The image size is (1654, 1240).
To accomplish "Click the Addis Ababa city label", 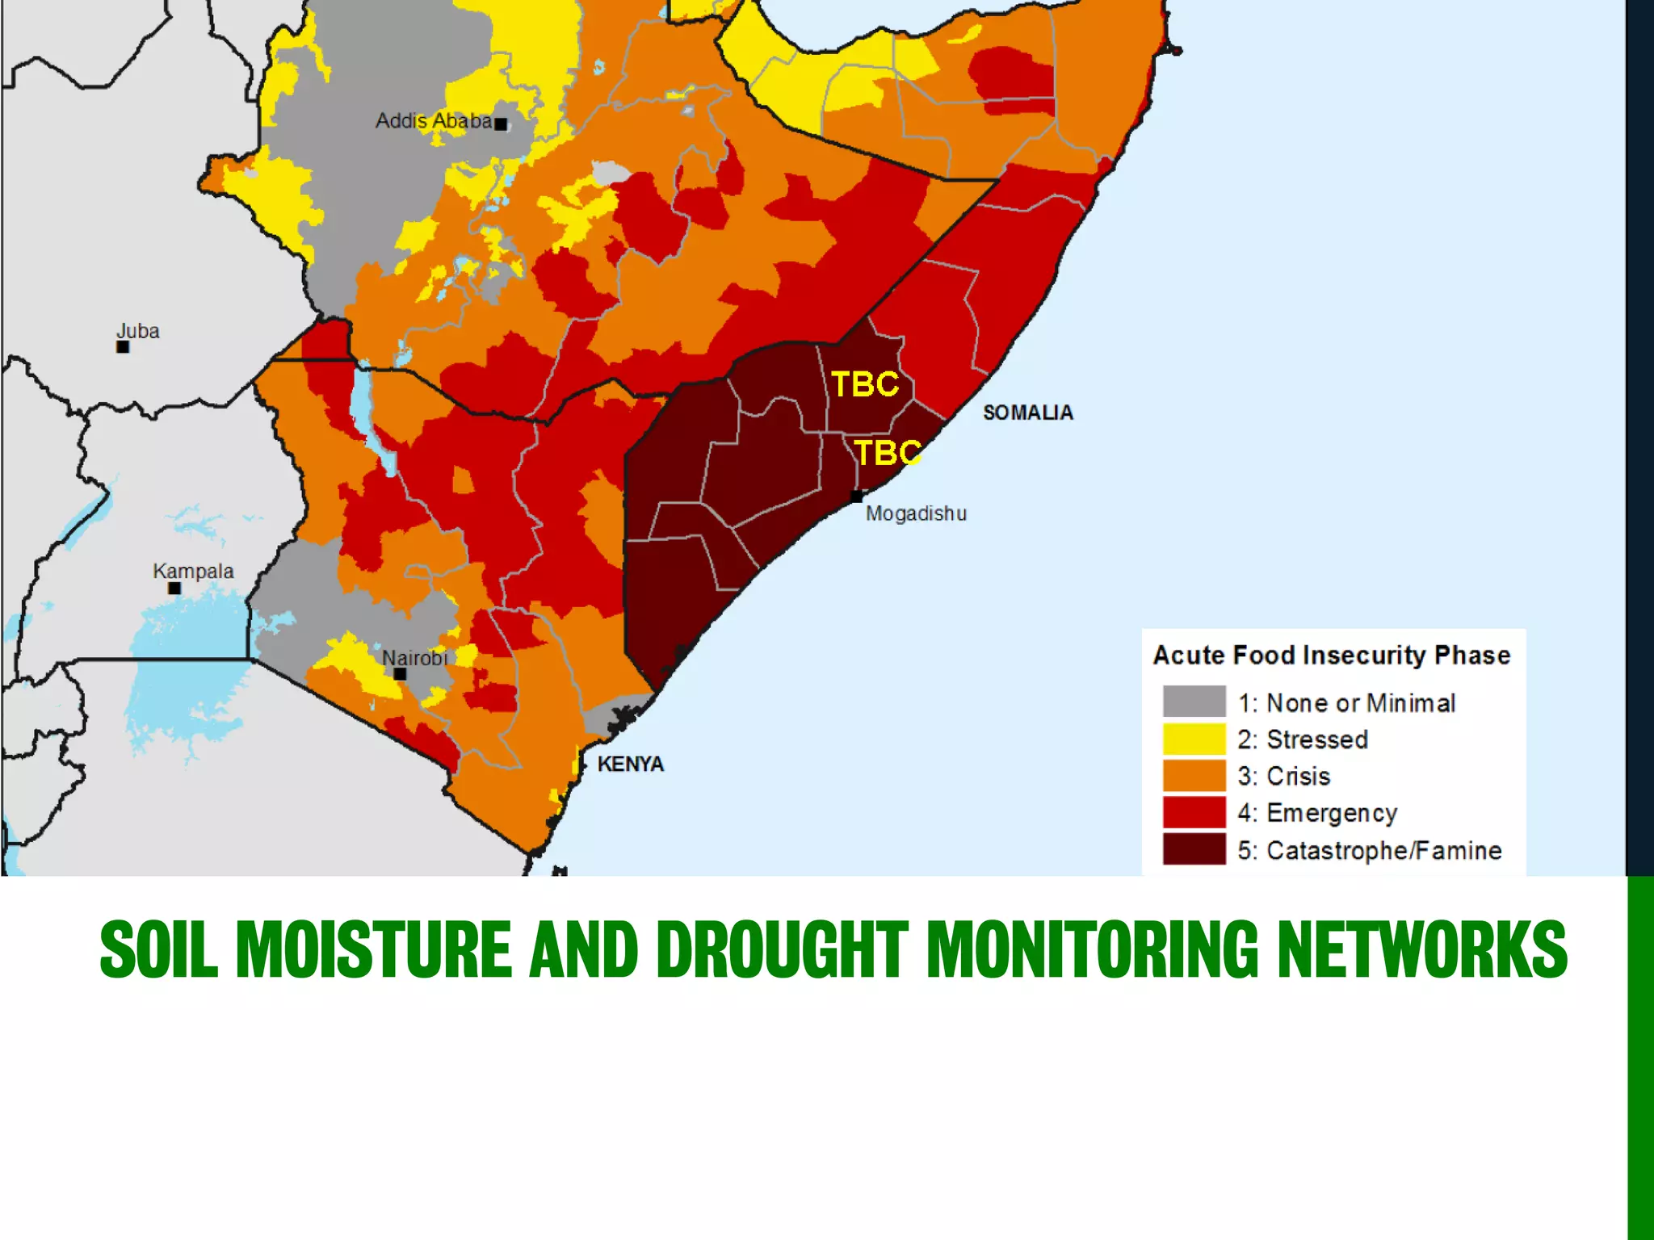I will tap(434, 121).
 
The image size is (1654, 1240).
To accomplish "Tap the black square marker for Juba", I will tap(123, 347).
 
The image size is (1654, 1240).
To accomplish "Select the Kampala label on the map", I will tap(193, 571).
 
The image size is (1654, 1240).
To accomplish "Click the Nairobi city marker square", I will tap(400, 673).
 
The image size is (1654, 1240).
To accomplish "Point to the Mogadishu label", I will tap(916, 513).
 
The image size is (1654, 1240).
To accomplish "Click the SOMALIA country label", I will tap(1027, 413).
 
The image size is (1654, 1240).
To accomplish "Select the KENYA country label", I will tap(630, 764).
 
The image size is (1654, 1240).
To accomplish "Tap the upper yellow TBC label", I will tap(865, 384).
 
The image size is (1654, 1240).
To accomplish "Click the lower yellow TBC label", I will tap(888, 453).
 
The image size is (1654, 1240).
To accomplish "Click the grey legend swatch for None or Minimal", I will tap(1194, 702).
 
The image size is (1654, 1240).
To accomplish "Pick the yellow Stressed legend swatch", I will tap(1194, 739).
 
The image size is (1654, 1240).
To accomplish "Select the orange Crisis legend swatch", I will tap(1194, 776).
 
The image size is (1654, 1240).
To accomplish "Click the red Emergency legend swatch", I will tap(1194, 812).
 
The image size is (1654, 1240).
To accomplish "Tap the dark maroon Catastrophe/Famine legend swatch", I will tap(1194, 849).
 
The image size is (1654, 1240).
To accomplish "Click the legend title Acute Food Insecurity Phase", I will tap(1331, 655).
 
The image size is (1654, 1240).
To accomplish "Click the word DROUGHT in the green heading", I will tap(781, 949).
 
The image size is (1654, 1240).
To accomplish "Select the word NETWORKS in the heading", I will tap(1421, 949).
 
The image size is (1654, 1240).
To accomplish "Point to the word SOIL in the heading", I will tap(158, 949).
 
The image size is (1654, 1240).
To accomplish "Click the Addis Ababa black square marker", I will tap(501, 124).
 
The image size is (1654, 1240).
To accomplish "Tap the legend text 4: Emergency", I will tap(1317, 813).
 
